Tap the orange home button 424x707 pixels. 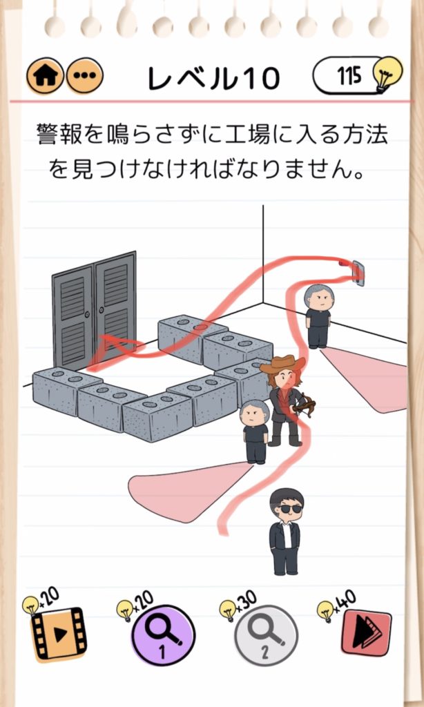tap(46, 75)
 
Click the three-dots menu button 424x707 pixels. tap(85, 75)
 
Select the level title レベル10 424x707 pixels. tap(213, 78)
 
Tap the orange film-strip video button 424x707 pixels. tap(59, 635)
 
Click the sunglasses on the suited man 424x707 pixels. tap(289, 509)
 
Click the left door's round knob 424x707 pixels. tap(87, 316)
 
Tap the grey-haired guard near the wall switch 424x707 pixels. tap(318, 316)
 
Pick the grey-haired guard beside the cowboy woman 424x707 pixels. tap(255, 432)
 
